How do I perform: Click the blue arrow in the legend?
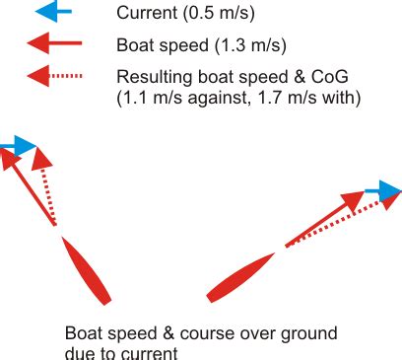tap(55, 13)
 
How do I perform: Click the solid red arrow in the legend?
tap(55, 44)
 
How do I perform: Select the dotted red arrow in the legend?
tap(55, 76)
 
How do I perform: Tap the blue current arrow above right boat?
tap(383, 189)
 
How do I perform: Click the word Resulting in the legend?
tap(150, 77)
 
